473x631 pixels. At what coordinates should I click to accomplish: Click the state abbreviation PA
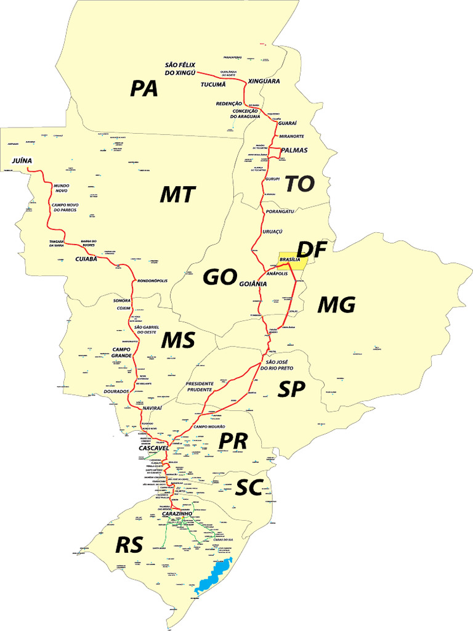(144, 89)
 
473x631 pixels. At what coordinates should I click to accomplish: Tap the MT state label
(177, 195)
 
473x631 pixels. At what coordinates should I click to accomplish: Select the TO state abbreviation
(300, 183)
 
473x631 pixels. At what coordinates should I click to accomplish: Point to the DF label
(315, 249)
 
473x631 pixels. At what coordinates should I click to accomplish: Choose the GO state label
(220, 278)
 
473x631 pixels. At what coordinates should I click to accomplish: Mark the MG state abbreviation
(337, 304)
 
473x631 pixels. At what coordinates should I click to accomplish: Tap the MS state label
(179, 340)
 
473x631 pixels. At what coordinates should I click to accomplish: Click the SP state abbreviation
(293, 389)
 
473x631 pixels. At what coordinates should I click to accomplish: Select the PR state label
(233, 441)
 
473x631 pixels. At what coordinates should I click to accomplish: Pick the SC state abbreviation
(249, 489)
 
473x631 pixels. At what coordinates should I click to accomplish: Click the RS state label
(129, 545)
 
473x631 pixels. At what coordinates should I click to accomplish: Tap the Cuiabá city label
(86, 259)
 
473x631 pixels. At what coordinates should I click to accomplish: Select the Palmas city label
(294, 150)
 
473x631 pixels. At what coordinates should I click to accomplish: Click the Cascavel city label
(153, 448)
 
